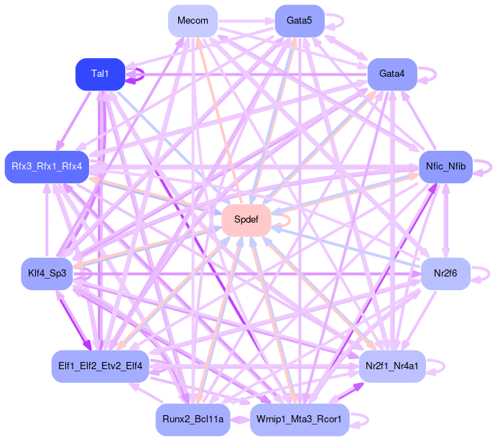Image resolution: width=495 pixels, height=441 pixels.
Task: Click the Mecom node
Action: [x=193, y=21]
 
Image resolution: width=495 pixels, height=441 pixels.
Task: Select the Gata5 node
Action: [x=300, y=21]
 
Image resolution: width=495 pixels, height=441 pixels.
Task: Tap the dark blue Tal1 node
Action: [x=101, y=74]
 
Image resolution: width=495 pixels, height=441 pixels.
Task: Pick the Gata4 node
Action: [x=392, y=74]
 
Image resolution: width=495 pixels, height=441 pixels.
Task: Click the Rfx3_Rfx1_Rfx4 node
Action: [x=47, y=167]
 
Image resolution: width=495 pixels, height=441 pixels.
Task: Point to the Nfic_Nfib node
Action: [x=445, y=167]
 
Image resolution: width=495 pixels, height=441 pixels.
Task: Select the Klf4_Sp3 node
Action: [x=47, y=273]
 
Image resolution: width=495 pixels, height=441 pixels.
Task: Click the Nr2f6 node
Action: [x=445, y=273]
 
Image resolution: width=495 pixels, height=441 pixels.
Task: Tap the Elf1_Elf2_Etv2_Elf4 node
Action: [x=101, y=366]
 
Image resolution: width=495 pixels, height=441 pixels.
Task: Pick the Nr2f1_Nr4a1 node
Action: [x=392, y=366]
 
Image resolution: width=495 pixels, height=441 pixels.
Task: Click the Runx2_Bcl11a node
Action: [x=193, y=419]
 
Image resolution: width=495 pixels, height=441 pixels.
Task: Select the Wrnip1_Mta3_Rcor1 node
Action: [x=300, y=419]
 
